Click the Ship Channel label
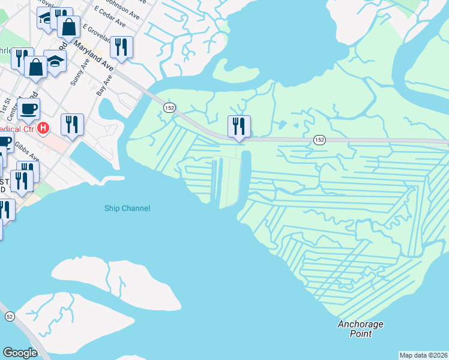[127, 208]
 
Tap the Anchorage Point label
[360, 329]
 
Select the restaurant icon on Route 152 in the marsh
[239, 127]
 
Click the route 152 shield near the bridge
[169, 106]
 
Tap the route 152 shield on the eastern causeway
[319, 140]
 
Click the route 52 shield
[10, 316]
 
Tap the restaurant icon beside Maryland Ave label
[122, 47]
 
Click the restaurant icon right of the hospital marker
[72, 124]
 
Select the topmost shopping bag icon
[68, 26]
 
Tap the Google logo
[20, 352]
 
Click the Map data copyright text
[423, 355]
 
